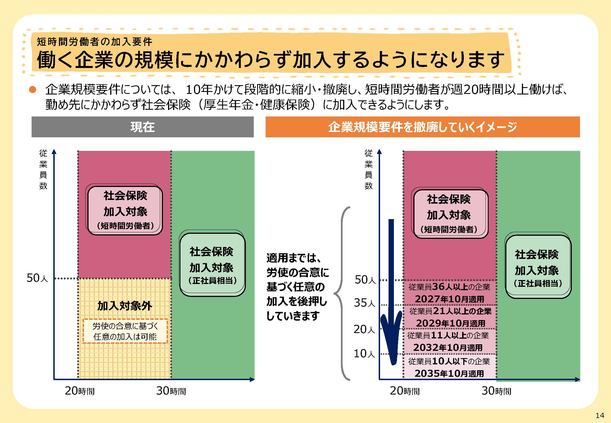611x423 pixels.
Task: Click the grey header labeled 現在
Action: (142, 127)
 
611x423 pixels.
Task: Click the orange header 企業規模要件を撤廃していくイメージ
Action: (423, 127)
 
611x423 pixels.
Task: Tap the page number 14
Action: (600, 415)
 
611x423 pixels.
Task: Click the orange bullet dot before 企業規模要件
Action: (33, 90)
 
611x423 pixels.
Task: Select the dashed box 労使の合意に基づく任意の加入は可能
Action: (125, 331)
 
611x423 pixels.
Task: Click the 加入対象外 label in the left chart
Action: (125, 306)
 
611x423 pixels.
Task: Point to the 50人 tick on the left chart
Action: (37, 278)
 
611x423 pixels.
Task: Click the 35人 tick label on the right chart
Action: (365, 303)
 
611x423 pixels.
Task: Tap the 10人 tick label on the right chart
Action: (364, 354)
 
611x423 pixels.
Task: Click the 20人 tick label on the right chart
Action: (364, 329)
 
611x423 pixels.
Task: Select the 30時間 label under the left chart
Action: (171, 391)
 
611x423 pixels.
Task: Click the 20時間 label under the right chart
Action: (405, 391)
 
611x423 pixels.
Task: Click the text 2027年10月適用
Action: (449, 299)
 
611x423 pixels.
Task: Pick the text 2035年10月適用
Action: (449, 373)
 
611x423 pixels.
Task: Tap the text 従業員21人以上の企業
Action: (450, 311)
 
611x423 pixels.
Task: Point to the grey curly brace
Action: (342, 293)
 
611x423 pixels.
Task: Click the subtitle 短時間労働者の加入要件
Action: (95, 42)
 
